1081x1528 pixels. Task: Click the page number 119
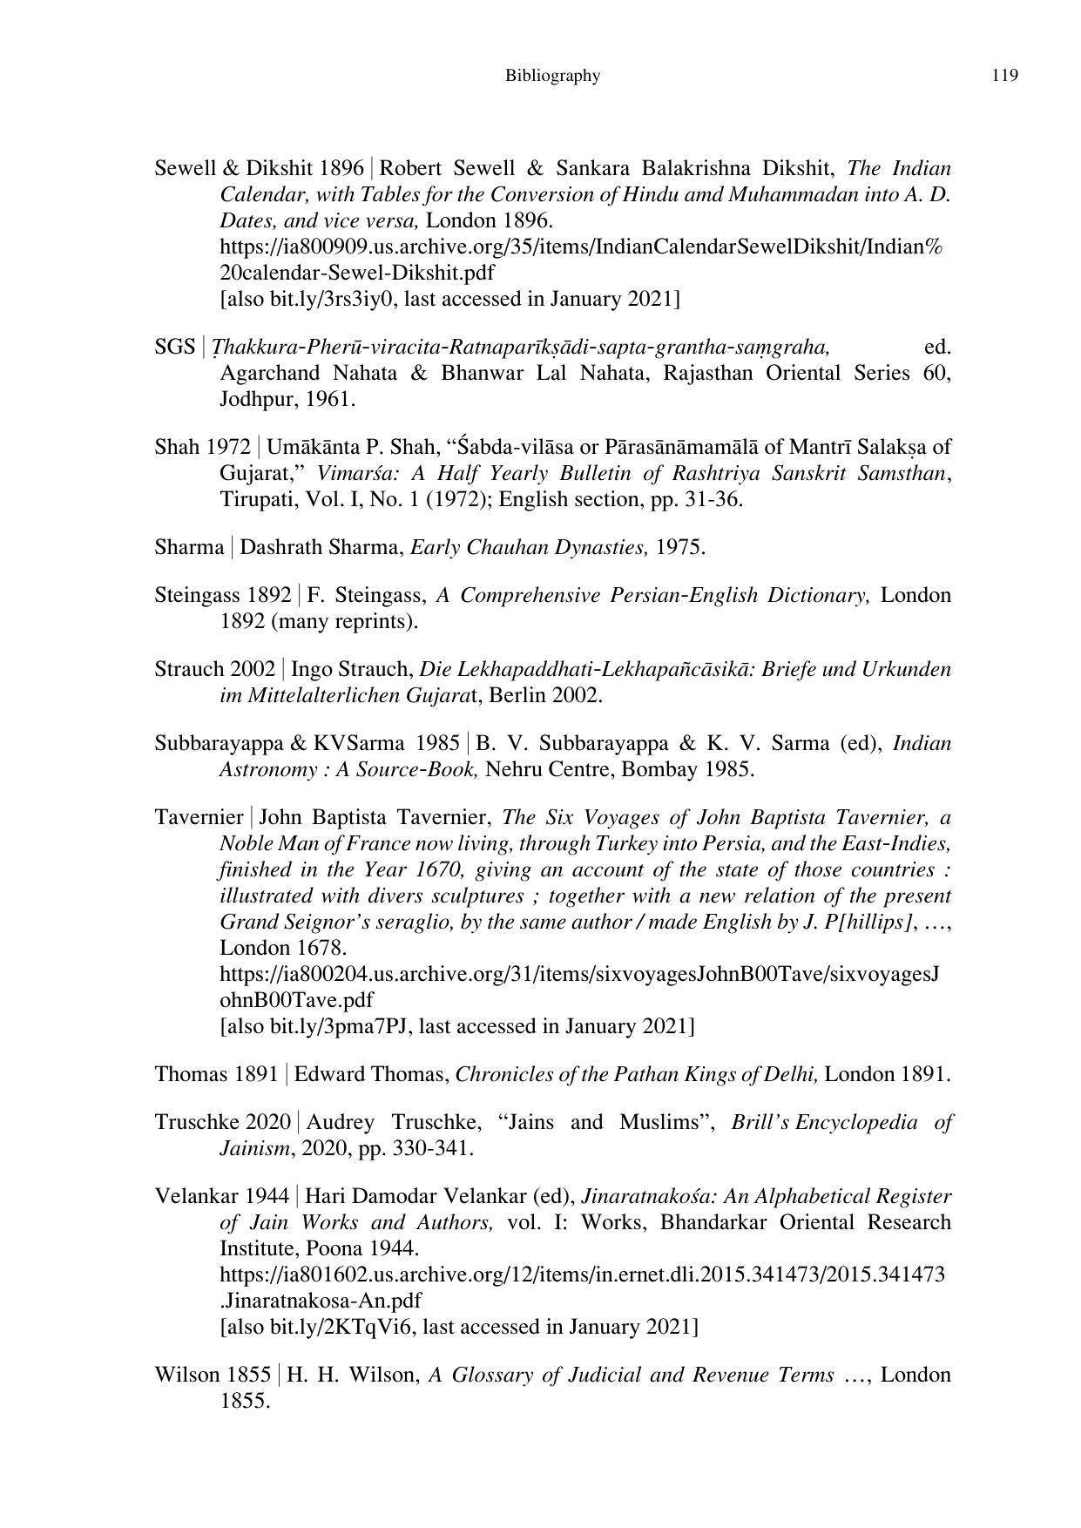click(1004, 76)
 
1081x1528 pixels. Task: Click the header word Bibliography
click(552, 76)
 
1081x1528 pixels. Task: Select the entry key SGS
click(174, 347)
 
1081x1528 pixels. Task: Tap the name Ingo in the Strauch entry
click(307, 669)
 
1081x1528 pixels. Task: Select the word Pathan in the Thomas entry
click(611, 1074)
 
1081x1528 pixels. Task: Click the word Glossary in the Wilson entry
click(490, 1375)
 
